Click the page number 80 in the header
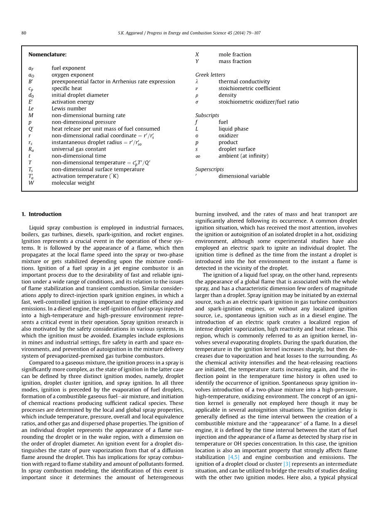click(x=24, y=33)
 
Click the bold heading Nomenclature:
click(x=47, y=54)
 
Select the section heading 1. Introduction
click(x=41, y=214)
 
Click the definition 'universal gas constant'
click(x=78, y=149)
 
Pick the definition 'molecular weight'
click(x=73, y=183)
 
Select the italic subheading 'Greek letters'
click(x=210, y=75)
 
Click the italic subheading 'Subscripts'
click(x=207, y=115)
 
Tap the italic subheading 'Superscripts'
click(x=209, y=169)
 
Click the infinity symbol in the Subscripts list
click(x=198, y=156)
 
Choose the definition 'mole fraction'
click(x=235, y=54)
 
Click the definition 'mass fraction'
click(x=235, y=61)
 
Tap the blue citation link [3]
click(x=286, y=464)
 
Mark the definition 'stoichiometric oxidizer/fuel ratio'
click(x=259, y=102)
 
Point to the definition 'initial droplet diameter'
click(x=80, y=95)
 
